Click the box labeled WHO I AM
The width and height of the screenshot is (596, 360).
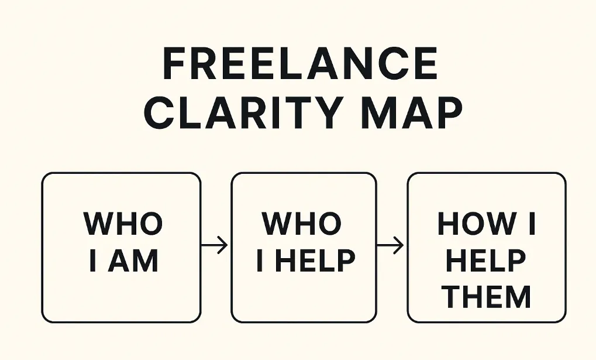pos(122,247)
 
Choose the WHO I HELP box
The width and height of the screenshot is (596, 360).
pos(304,247)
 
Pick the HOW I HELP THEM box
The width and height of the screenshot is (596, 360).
pos(486,247)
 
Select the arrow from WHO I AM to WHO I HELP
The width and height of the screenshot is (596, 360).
pos(215,246)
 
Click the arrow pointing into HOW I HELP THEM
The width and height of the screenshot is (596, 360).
pos(391,246)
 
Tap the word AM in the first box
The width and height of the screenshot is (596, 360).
pos(135,261)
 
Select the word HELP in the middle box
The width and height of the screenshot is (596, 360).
pos(315,261)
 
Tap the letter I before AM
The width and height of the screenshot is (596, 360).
pos(93,261)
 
